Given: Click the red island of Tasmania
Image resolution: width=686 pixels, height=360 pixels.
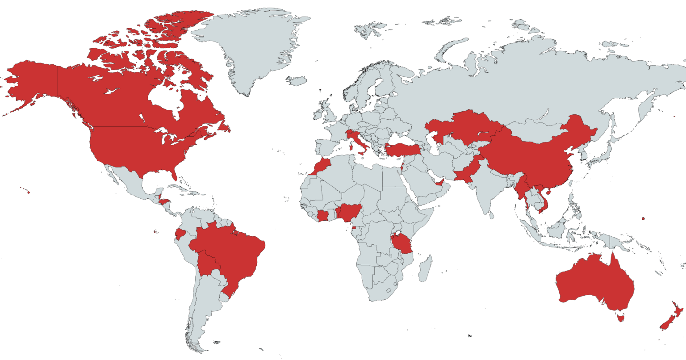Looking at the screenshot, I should pos(619,318).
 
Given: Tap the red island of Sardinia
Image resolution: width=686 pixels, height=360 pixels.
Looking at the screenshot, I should pos(351,146).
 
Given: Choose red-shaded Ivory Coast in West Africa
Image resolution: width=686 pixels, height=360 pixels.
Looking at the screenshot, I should pos(323,216).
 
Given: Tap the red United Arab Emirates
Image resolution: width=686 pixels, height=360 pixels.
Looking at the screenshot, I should pos(440,182).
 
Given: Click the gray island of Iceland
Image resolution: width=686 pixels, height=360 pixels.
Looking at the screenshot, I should pos(296,81).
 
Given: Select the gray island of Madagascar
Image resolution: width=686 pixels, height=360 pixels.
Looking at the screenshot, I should pos(426,268).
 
